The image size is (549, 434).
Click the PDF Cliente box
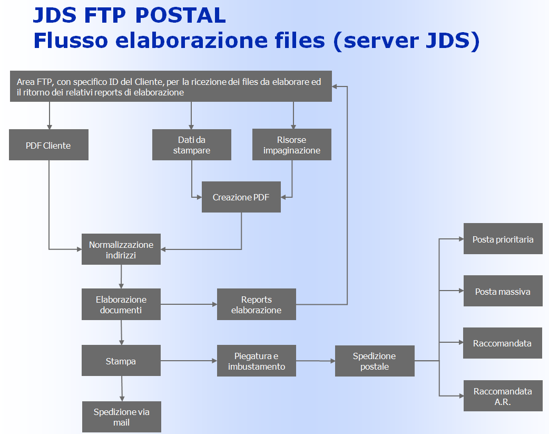click(48, 145)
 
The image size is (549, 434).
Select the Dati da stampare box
click(191, 145)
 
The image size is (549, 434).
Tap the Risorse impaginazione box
click(291, 145)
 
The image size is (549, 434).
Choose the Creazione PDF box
click(241, 197)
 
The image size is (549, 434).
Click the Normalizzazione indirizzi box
click(121, 249)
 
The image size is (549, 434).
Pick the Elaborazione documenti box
click(121, 304)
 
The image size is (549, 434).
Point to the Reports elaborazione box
click(256, 304)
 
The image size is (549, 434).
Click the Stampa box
click(121, 361)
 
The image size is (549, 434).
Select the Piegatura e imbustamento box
click(256, 361)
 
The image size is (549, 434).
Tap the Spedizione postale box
click(375, 361)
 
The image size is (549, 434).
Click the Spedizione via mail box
click(121, 417)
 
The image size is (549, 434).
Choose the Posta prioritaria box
click(503, 239)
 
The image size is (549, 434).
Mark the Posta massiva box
click(503, 291)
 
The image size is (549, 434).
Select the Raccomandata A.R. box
click(503, 396)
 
